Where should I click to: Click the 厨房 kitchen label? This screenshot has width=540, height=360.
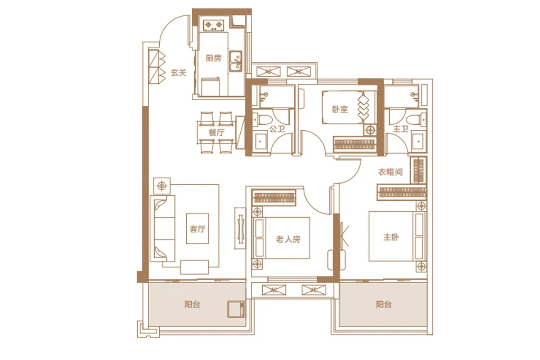click(x=213, y=58)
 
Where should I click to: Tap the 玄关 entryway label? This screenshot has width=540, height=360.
click(x=179, y=72)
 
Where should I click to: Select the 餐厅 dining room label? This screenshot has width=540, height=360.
click(x=216, y=132)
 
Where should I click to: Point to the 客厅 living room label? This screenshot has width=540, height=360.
click(x=197, y=229)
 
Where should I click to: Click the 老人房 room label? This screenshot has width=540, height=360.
click(x=289, y=239)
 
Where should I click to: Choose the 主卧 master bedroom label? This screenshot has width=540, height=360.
click(x=391, y=237)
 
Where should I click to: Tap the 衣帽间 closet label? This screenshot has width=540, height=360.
click(x=390, y=172)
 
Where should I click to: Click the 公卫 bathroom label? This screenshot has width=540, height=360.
click(x=277, y=129)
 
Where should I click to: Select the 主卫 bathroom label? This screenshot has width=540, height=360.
click(x=401, y=129)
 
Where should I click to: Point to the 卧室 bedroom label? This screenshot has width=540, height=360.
click(x=340, y=109)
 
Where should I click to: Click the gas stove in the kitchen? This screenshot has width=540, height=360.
click(x=214, y=25)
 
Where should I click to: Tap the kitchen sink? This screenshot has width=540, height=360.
click(x=236, y=61)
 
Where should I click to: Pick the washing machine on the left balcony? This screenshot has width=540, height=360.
click(x=236, y=309)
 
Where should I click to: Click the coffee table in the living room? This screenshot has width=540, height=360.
click(x=197, y=228)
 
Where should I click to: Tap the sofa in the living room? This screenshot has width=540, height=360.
click(x=162, y=228)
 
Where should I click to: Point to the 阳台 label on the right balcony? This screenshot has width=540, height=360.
click(x=383, y=304)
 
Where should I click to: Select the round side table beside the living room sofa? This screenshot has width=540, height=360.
click(x=162, y=186)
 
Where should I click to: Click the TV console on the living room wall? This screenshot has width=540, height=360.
click(x=240, y=228)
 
